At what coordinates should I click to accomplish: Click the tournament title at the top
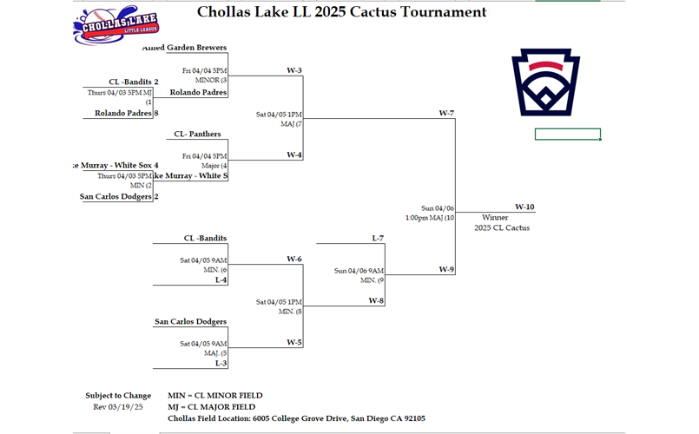point(341,12)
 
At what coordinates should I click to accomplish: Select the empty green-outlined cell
point(567,135)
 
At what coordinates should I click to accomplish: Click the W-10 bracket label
point(524,207)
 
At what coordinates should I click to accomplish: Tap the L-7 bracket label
point(377,238)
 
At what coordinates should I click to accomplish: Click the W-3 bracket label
point(293,69)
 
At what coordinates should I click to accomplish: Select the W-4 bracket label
point(293,155)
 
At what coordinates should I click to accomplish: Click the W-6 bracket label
point(293,259)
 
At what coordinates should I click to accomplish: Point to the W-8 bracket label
point(376,300)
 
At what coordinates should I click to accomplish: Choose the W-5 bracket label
point(293,342)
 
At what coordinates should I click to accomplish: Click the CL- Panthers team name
point(197,134)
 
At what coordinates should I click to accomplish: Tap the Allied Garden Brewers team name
point(196,48)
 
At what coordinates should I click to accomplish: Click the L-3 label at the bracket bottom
point(221,363)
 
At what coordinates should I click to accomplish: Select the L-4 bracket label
point(221,279)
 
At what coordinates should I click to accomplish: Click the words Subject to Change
point(118,396)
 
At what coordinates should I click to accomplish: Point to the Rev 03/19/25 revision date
point(118,406)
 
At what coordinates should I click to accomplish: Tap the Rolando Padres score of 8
point(156,113)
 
